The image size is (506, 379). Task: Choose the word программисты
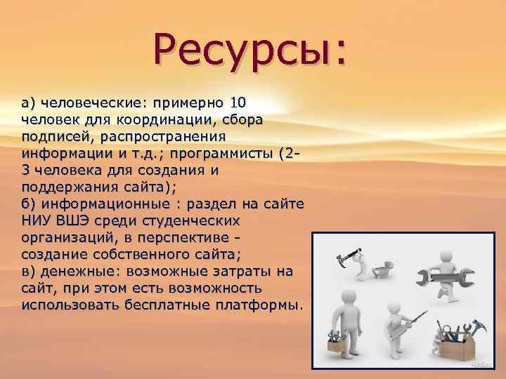[x=226, y=153]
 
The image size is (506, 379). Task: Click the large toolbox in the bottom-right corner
[x=460, y=345]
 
